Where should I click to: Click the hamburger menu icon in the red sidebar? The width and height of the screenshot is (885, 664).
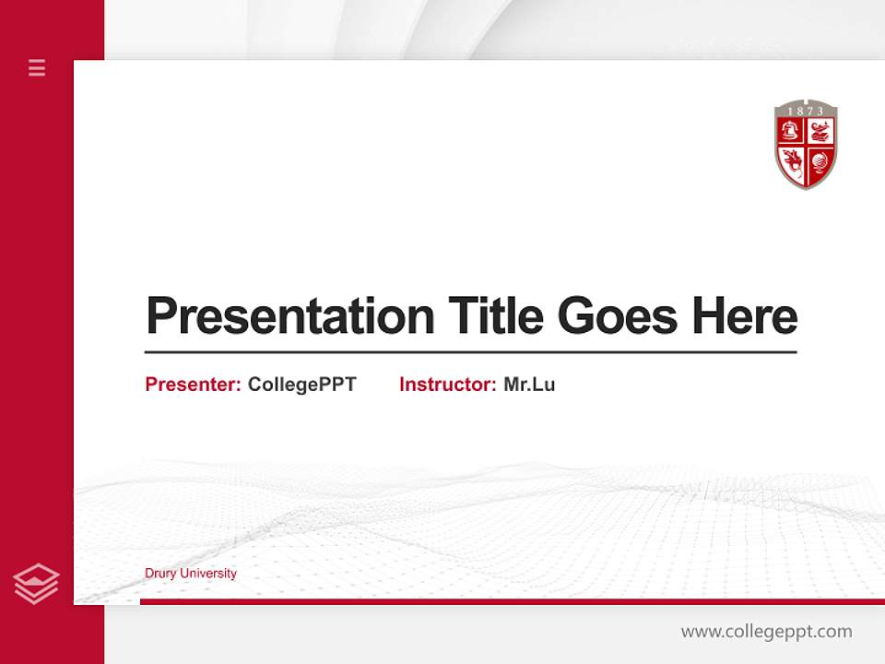click(37, 67)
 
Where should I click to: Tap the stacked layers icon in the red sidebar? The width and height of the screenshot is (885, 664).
click(36, 584)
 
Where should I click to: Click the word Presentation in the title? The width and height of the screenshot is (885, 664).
click(289, 316)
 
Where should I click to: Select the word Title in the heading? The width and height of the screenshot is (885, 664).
click(495, 316)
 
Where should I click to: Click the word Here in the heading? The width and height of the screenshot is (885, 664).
click(744, 316)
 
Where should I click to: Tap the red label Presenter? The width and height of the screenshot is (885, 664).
click(193, 385)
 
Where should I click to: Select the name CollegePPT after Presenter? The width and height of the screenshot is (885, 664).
click(301, 385)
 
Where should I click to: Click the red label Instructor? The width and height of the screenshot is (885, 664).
click(447, 385)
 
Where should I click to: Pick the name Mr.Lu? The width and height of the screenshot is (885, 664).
click(529, 385)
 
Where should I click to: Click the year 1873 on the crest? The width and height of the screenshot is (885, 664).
click(806, 111)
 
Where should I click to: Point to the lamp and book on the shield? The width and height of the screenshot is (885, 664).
click(820, 131)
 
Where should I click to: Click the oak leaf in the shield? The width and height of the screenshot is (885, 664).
click(792, 161)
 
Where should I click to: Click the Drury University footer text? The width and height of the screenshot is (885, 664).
click(190, 574)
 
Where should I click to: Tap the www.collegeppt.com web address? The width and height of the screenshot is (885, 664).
click(766, 632)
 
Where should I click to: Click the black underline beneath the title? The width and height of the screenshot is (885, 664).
click(470, 352)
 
